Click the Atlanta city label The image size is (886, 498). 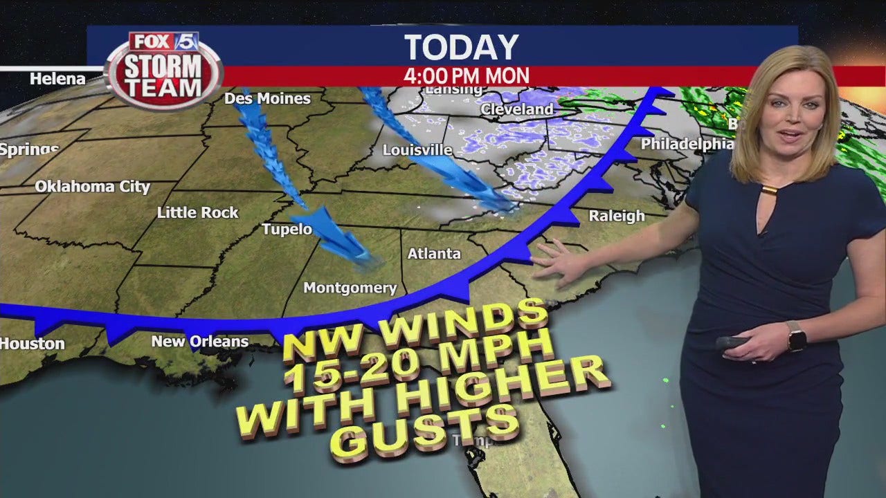point(434,254)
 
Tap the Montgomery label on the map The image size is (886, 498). point(350,288)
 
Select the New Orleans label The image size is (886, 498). point(199,341)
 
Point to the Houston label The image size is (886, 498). point(32,343)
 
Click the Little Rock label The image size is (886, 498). point(197,213)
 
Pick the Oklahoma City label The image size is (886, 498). point(92,187)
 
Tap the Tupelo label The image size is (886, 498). point(287,229)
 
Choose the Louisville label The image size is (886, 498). point(417,150)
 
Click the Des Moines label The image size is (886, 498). point(267,99)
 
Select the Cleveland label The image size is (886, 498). point(517,109)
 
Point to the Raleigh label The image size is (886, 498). point(617,216)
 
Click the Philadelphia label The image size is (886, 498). point(687,144)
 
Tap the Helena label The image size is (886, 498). point(57,79)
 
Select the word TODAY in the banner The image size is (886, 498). point(461,47)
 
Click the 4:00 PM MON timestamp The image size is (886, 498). point(467,75)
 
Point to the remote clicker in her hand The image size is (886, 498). point(730,343)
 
